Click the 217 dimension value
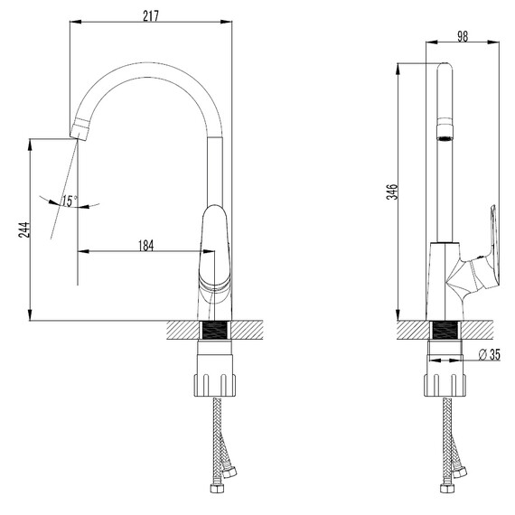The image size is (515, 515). click(151, 15)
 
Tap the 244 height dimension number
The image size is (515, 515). click(24, 229)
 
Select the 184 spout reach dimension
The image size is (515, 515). click(145, 246)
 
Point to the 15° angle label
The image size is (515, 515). click(70, 201)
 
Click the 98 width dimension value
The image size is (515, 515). click(463, 36)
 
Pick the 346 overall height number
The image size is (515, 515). click(392, 192)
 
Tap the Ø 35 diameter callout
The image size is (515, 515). click(490, 354)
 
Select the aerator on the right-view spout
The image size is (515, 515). click(445, 132)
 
